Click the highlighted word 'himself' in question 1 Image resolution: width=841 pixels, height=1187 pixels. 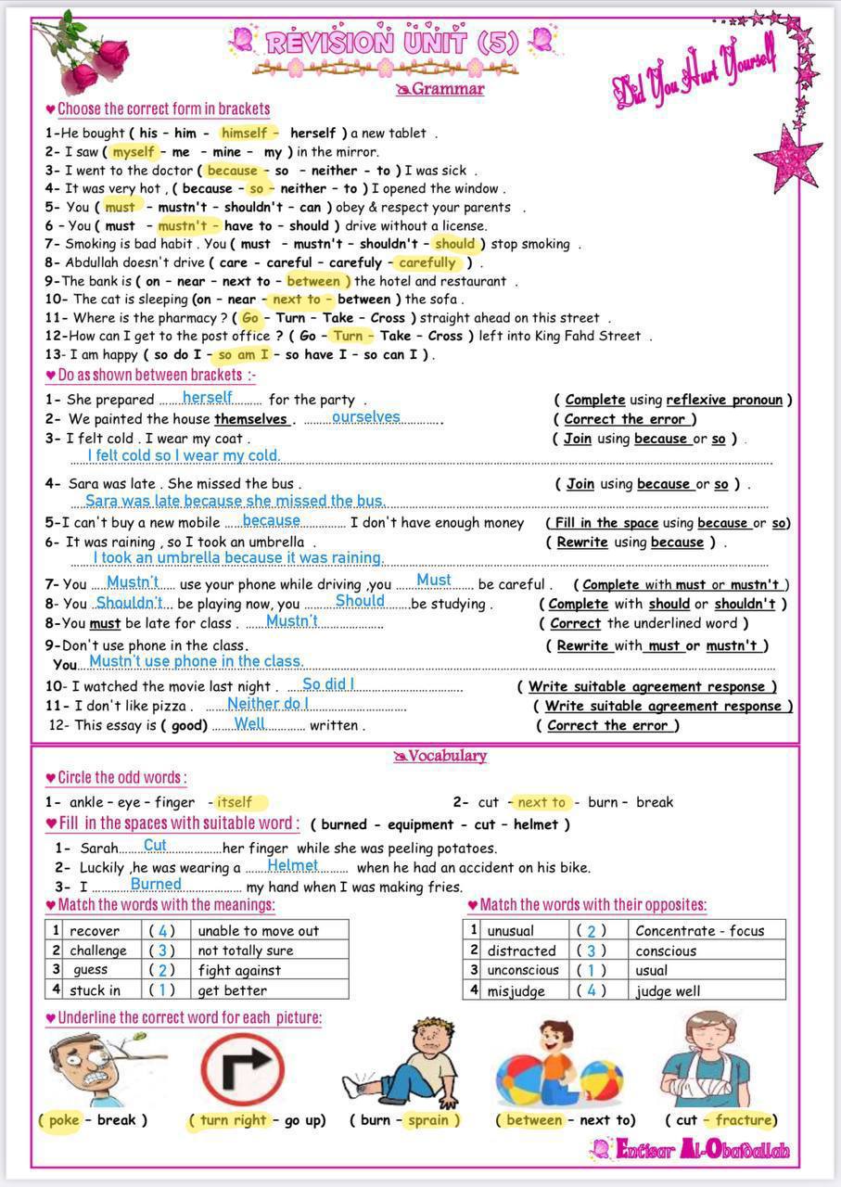coord(244,133)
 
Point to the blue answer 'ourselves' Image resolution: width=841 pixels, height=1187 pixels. coord(365,417)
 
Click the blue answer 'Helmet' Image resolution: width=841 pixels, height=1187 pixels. coord(292,865)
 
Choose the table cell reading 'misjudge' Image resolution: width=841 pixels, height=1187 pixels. coord(516,990)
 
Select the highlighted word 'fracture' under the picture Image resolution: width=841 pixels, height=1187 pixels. coord(744,1119)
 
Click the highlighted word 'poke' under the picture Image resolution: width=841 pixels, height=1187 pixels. coord(63,1119)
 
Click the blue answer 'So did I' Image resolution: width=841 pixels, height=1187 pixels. coord(328,684)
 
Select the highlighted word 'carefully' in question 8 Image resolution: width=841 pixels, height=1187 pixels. coord(427,262)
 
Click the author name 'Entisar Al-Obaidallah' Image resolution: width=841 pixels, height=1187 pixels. coord(691,1151)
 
